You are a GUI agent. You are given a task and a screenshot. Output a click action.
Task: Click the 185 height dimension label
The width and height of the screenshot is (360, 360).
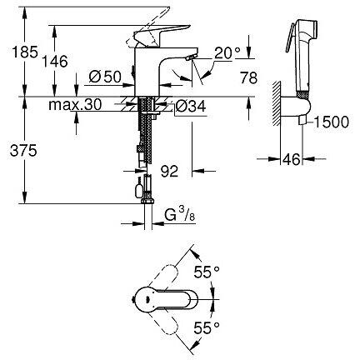[x=25, y=52]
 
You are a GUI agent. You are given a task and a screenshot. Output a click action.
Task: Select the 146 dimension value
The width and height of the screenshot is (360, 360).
[x=55, y=62]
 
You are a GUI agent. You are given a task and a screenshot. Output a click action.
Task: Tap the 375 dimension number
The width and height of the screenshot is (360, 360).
[x=23, y=151]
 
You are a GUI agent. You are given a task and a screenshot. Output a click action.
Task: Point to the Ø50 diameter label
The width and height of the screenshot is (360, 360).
[x=105, y=77]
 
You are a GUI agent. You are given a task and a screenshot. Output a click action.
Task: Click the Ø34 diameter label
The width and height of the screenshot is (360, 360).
[x=191, y=106]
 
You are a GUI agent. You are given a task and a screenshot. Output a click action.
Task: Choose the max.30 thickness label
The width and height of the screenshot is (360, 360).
[x=75, y=105]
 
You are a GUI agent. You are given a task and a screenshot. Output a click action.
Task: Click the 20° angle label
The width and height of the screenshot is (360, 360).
[x=227, y=52]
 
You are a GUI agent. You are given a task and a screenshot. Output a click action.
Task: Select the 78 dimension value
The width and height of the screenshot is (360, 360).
[x=249, y=77]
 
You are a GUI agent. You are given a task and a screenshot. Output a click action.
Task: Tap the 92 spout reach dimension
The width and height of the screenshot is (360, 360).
[x=169, y=172]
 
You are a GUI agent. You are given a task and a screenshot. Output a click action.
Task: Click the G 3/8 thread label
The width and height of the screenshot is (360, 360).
[x=180, y=214]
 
